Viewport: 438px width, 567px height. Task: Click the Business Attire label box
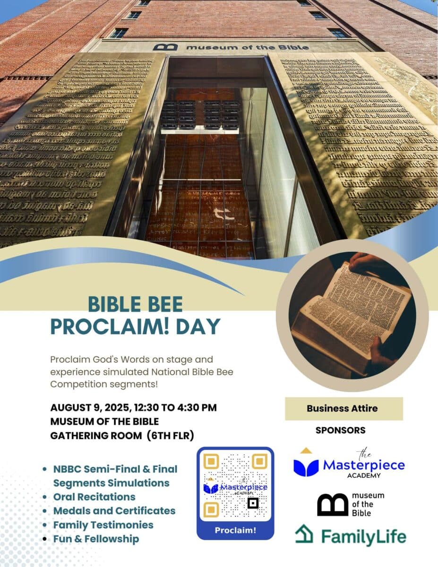click(x=344, y=409)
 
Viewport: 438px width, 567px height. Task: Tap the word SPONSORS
click(x=340, y=430)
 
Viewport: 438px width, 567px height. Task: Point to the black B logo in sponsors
click(x=332, y=505)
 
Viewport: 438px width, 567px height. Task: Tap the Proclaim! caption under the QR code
click(x=235, y=530)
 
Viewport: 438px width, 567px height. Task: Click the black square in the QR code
click(x=253, y=503)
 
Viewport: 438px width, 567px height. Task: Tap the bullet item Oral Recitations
click(x=94, y=497)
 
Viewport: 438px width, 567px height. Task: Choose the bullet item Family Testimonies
click(x=103, y=524)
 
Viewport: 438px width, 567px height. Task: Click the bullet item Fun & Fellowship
click(x=96, y=539)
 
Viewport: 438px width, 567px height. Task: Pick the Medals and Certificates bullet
click(x=114, y=511)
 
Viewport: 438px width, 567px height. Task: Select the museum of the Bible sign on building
click(x=231, y=47)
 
